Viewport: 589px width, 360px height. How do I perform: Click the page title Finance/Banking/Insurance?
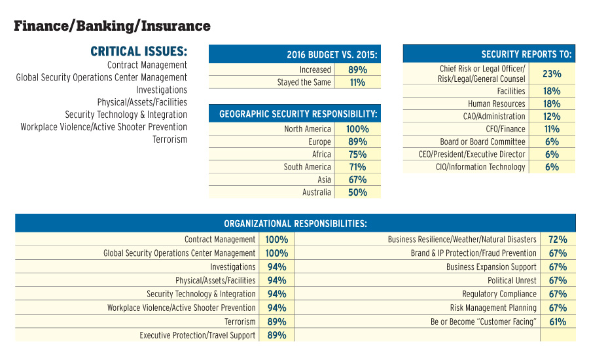coord(112,26)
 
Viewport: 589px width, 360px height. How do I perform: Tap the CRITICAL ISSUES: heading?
coord(139,51)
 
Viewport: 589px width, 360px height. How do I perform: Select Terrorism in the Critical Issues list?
coord(170,139)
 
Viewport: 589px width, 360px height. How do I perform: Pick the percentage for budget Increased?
coord(357,69)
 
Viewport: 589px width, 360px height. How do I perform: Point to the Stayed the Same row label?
coord(304,82)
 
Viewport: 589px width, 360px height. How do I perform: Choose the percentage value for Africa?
coord(357,154)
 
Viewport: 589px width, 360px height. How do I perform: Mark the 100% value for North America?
coord(357,129)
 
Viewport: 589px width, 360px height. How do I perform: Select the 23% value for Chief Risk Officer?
coord(552,74)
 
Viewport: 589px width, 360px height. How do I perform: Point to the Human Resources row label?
coord(496,104)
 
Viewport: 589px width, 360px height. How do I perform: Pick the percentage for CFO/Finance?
coord(552,129)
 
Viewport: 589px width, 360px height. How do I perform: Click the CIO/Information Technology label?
coord(480,167)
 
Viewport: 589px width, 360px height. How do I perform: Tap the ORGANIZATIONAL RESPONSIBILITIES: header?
coord(295,224)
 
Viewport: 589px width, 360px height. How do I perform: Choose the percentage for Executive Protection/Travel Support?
coord(277,335)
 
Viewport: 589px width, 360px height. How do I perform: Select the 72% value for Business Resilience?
coord(558,240)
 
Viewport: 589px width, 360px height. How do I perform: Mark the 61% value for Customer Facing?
coord(558,321)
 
